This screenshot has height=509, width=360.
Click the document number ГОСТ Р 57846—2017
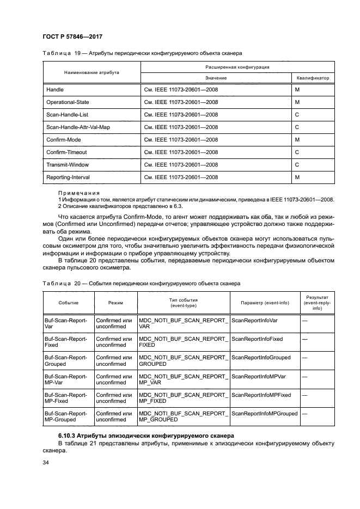[x=72, y=36]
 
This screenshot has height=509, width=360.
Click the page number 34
[x=46, y=463]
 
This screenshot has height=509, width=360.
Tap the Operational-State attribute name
[x=68, y=102]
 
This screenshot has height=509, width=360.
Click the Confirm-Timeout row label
[x=66, y=152]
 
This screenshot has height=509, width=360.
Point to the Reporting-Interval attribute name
[x=68, y=177]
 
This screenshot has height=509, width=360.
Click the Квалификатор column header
[x=313, y=78]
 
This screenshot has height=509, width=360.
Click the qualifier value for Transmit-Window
[x=297, y=164]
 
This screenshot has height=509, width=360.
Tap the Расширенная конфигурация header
[x=237, y=66]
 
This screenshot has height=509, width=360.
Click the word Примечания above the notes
[x=79, y=193]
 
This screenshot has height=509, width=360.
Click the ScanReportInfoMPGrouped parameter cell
[x=265, y=413]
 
